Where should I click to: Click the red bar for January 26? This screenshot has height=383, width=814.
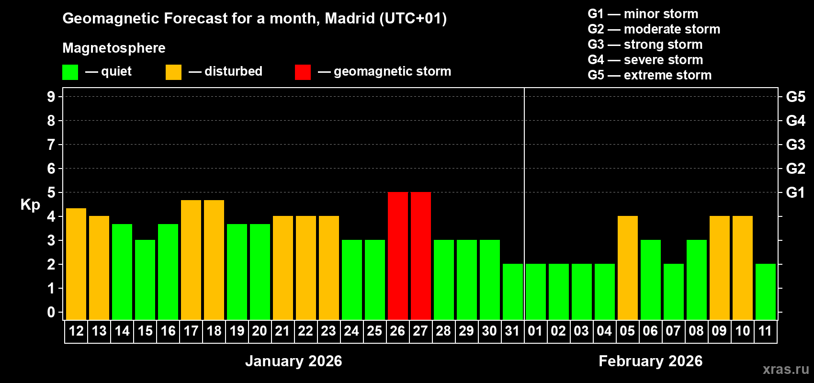pyautogui.click(x=398, y=256)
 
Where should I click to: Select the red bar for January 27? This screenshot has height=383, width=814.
pyautogui.click(x=421, y=256)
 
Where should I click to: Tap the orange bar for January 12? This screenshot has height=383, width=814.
pyautogui.click(x=76, y=264)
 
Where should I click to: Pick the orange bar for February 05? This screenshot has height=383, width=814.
pyautogui.click(x=628, y=268)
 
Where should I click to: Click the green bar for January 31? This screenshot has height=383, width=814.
pyautogui.click(x=513, y=292)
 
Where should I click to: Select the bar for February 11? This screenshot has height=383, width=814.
pyautogui.click(x=766, y=292)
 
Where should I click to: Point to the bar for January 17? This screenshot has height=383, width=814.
pyautogui.click(x=191, y=260)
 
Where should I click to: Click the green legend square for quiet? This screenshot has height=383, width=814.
pyautogui.click(x=70, y=72)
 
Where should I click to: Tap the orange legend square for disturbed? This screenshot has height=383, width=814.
pyautogui.click(x=173, y=72)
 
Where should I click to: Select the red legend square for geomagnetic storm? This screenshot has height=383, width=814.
pyautogui.click(x=303, y=72)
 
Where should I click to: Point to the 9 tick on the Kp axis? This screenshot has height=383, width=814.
pyautogui.click(x=51, y=97)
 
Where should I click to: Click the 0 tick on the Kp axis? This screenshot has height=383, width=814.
pyautogui.click(x=51, y=312)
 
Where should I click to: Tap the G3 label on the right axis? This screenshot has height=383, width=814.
pyautogui.click(x=795, y=145)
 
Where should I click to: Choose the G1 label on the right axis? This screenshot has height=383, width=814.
pyautogui.click(x=795, y=192)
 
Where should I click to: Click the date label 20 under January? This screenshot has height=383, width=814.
pyautogui.click(x=260, y=331)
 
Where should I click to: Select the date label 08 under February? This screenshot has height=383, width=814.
pyautogui.click(x=696, y=331)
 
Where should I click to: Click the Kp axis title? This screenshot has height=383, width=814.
pyautogui.click(x=30, y=205)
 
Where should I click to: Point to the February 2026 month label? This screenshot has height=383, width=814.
pyautogui.click(x=650, y=361)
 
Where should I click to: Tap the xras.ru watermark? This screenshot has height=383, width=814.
pyautogui.click(x=786, y=369)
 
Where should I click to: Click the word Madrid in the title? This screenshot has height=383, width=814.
pyautogui.click(x=350, y=18)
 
